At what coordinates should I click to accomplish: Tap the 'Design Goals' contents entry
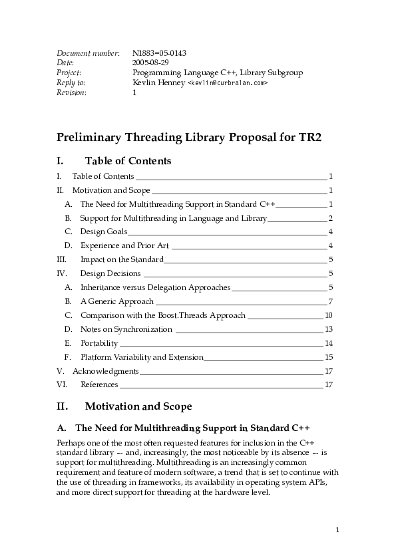tap(104, 231)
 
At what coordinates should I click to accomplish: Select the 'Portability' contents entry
tap(99, 343)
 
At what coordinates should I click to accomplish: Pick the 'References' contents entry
tap(99, 384)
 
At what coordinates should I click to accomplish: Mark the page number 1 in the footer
tap(338, 529)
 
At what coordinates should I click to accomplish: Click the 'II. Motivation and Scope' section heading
tap(138, 406)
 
